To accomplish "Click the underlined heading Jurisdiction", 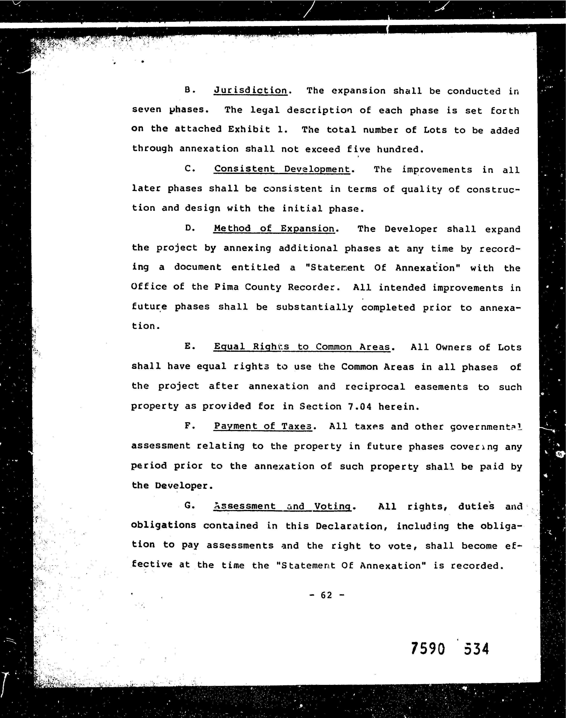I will (x=251, y=91).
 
